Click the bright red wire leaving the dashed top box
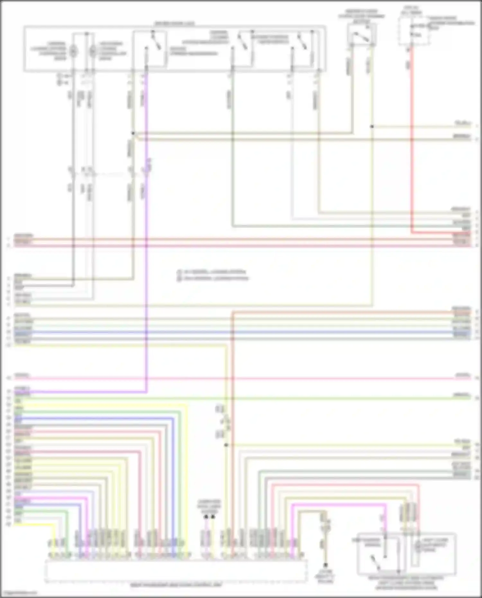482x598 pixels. pos(411,145)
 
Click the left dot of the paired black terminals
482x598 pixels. pos(206,517)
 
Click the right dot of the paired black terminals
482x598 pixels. pos(213,517)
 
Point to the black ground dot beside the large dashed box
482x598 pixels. pos(325,565)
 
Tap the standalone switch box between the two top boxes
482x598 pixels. pos(362,35)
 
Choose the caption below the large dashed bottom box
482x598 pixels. pos(176,585)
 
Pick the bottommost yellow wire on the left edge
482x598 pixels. pos(32,524)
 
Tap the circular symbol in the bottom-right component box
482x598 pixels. pos(418,546)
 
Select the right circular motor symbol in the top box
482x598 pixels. pos(93,50)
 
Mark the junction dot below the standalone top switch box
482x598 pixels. pos(372,127)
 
